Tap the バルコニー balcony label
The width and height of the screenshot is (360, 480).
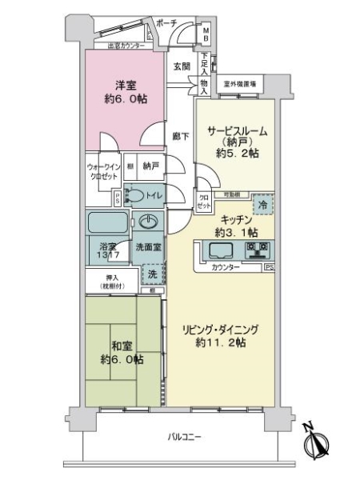[x=185, y=437]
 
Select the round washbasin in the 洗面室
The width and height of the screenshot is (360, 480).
[x=149, y=221]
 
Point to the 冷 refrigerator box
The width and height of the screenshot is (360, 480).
[x=265, y=205]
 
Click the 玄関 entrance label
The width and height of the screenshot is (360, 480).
[x=181, y=67]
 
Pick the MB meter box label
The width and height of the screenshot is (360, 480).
[x=206, y=34]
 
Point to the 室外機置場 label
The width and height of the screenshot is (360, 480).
[x=239, y=82]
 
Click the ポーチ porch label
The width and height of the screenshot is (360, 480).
[x=166, y=23]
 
